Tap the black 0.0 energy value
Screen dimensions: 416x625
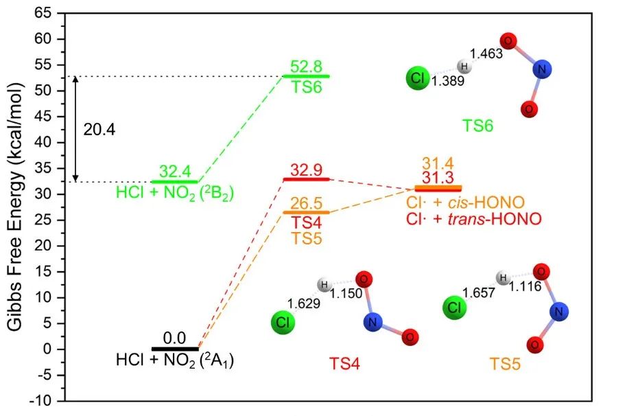(x=175, y=338)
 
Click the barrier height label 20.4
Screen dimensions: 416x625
(x=95, y=129)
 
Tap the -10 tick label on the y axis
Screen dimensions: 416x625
(x=40, y=401)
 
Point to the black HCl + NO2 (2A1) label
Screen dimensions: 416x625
(x=175, y=360)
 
